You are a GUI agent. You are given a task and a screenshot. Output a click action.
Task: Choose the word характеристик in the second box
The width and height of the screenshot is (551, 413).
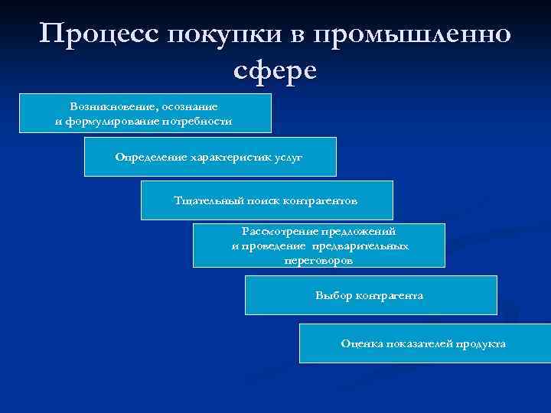tap(223, 156)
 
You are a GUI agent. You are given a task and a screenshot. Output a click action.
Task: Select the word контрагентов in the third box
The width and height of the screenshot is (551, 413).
tap(320, 200)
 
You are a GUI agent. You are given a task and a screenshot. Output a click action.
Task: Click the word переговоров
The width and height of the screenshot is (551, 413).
tap(318, 260)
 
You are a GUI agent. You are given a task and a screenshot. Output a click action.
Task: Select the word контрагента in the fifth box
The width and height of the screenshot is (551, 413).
tap(390, 295)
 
